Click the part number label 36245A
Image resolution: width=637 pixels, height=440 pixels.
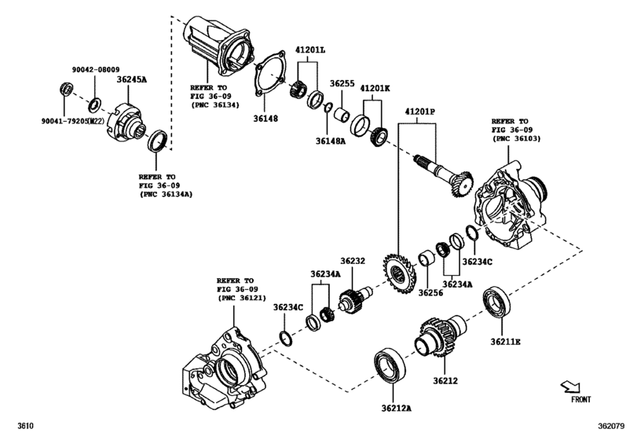(x=133, y=79)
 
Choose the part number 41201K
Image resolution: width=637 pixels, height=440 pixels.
(x=375, y=89)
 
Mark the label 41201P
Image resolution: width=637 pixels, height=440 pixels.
(x=420, y=112)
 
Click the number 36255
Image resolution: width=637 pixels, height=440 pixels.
(x=342, y=82)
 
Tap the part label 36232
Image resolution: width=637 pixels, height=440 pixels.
(x=353, y=261)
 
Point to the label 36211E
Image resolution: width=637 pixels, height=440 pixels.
(x=506, y=342)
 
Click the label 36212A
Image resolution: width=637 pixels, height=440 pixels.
(x=397, y=408)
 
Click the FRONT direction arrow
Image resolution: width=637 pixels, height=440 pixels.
(x=571, y=387)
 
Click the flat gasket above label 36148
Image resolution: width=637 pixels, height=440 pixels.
(x=269, y=76)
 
